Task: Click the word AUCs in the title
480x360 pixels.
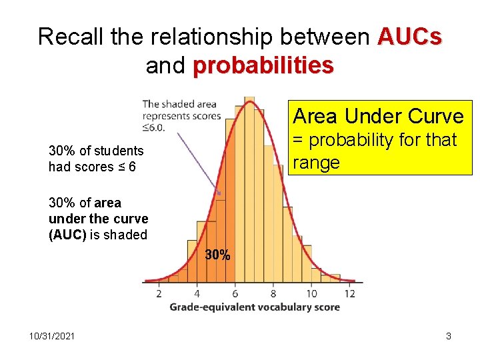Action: [x=409, y=37]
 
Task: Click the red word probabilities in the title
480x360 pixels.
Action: [x=263, y=65]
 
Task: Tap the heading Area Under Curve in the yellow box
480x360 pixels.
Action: [x=378, y=116]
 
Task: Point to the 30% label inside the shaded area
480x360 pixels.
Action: [x=217, y=255]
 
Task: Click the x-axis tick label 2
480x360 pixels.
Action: [x=159, y=293]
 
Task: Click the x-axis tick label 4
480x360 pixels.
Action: [x=197, y=293]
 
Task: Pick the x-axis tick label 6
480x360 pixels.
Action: [x=235, y=293]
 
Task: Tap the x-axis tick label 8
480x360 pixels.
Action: [x=273, y=293]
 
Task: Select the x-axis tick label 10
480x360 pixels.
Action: [x=311, y=293]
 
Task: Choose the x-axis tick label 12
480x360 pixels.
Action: [x=350, y=293]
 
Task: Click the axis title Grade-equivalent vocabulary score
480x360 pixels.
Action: [x=255, y=307]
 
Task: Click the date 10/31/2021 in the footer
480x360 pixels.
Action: [x=51, y=336]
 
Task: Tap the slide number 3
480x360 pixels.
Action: [x=449, y=336]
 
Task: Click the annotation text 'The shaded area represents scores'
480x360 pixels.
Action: [x=181, y=109]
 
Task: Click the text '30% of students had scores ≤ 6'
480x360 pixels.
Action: [x=96, y=159]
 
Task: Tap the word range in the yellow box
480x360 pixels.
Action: [x=317, y=162]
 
